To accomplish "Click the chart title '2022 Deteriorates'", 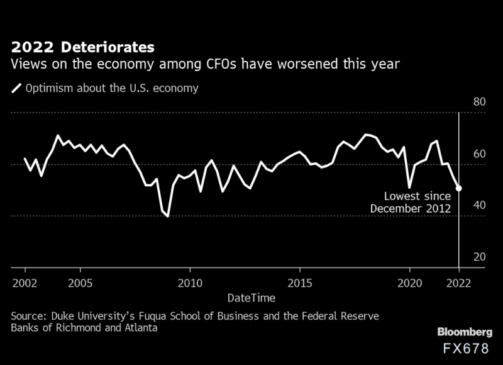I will (x=81, y=47).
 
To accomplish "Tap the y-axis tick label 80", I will (x=478, y=103).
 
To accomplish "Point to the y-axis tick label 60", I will (x=478, y=154).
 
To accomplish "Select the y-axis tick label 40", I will (x=478, y=206).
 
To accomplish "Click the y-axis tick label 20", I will (x=478, y=257).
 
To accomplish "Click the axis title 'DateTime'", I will (x=251, y=296).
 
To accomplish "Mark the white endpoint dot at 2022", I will (x=459, y=188).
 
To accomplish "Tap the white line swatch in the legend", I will (x=15, y=89).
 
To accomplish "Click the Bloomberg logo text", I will (x=464, y=332).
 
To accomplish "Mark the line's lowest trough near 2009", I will (x=168, y=216).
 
